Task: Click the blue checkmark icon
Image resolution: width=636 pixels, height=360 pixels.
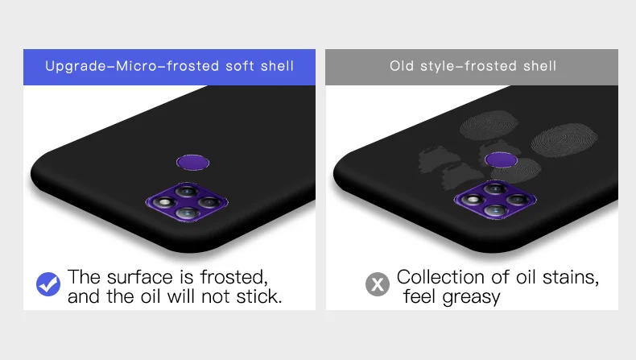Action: [x=48, y=284]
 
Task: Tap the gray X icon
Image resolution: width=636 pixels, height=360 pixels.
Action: [x=378, y=284]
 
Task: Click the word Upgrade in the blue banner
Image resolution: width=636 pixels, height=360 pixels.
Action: [x=76, y=66]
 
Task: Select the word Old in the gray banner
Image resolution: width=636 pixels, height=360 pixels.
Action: [x=402, y=66]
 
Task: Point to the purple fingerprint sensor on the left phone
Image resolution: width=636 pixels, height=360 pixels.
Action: [x=192, y=163]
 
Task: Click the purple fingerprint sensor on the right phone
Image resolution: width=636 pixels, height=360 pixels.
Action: [x=501, y=159]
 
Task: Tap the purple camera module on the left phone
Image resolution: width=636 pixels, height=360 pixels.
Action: [x=187, y=202]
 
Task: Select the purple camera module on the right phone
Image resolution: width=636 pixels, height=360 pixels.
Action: [x=495, y=200]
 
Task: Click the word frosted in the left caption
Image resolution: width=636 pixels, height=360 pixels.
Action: [x=234, y=277]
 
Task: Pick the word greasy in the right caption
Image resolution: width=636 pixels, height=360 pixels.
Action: [x=472, y=297]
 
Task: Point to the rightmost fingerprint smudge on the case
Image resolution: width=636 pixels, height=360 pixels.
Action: [x=564, y=140]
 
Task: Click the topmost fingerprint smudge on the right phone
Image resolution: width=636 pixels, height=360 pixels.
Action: [x=489, y=126]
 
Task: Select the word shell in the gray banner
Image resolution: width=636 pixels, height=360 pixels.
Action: [x=539, y=66]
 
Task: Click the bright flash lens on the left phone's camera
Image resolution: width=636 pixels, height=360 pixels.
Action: [x=165, y=202]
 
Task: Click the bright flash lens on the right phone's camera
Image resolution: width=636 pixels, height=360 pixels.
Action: [x=473, y=200]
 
